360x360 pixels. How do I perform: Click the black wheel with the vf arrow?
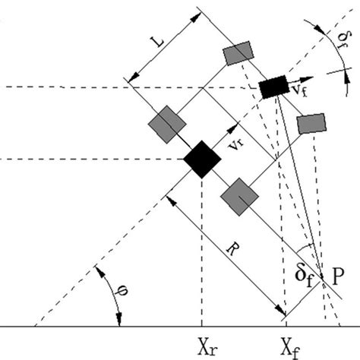[273, 87]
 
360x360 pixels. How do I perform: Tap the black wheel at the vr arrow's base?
[202, 159]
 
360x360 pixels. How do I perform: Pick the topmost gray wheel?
[237, 52]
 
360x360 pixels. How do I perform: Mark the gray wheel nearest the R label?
[238, 196]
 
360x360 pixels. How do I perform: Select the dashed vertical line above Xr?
[202, 251]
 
